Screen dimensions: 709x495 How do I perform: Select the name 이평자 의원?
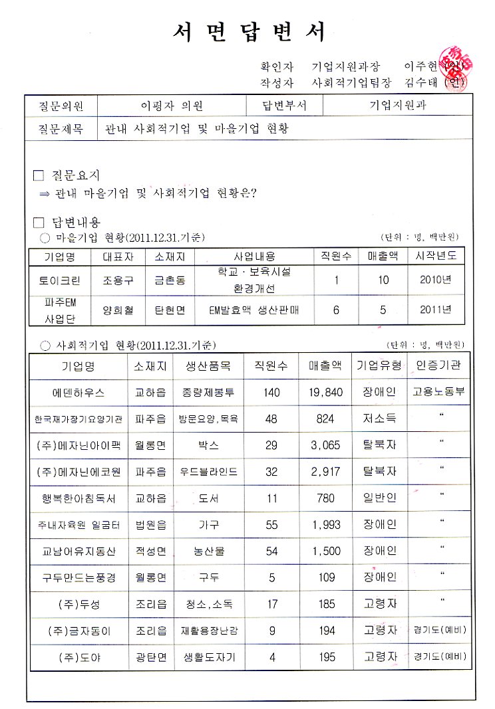(171, 106)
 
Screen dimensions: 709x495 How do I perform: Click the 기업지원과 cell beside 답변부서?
(398, 105)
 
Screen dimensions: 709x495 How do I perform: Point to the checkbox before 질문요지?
(38, 176)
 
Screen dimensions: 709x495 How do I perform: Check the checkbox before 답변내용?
(38, 222)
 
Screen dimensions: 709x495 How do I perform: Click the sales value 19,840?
(326, 392)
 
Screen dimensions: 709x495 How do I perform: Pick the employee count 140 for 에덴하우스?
(271, 392)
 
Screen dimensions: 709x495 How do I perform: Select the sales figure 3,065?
(326, 445)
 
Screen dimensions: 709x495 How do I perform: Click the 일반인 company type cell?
(380, 498)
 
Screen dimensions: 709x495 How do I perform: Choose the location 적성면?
(151, 551)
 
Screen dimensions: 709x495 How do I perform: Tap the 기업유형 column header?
(380, 365)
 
